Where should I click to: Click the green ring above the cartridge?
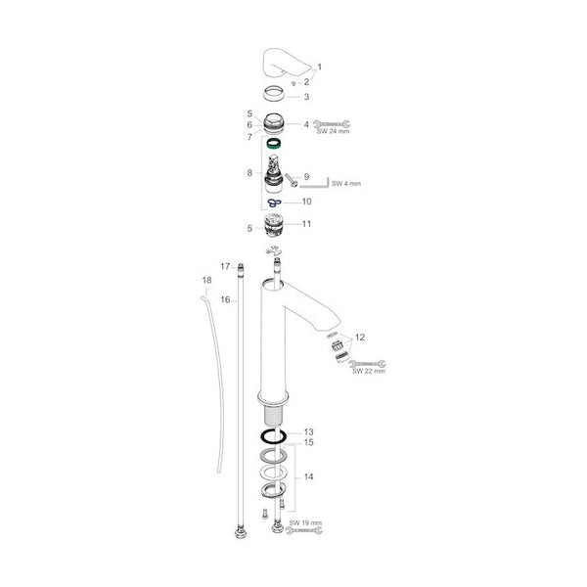click(274, 144)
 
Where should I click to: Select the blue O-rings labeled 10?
click(274, 203)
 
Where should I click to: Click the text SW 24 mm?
click(333, 131)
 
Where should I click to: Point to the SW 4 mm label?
click(346, 184)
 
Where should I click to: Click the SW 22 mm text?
click(369, 371)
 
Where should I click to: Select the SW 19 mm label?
click(305, 522)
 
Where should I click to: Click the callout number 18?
click(206, 280)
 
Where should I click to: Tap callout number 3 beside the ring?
click(306, 97)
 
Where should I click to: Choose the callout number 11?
click(306, 224)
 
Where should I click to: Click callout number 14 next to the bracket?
click(308, 476)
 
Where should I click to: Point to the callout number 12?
click(360, 338)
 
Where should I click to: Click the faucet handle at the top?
click(287, 63)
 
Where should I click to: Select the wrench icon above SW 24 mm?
click(332, 124)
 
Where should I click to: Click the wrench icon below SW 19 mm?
click(304, 530)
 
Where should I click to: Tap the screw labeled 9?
click(291, 179)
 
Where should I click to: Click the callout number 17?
click(225, 266)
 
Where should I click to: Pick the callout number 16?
click(225, 299)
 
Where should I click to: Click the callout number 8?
click(249, 173)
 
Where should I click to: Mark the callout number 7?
click(249, 137)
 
